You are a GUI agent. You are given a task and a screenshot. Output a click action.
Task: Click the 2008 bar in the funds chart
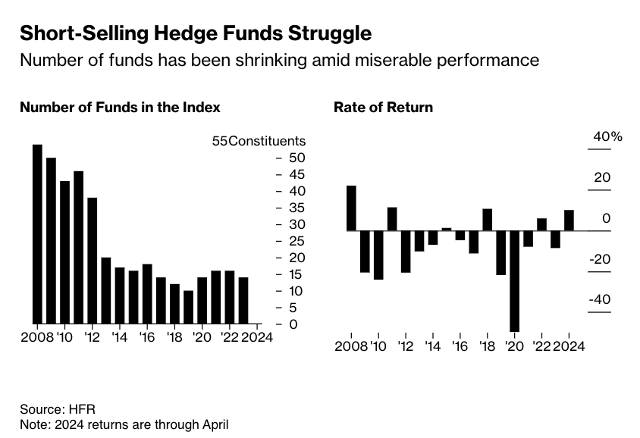[37, 233]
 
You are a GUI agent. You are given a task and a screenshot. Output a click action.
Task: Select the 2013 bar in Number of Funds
[105, 290]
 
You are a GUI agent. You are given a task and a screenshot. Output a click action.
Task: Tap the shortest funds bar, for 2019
[188, 307]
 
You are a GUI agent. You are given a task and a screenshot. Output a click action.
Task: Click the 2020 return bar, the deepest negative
[515, 281]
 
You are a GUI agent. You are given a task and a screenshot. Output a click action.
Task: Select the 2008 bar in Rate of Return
[351, 208]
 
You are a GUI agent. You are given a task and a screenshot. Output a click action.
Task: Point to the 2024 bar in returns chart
[569, 221]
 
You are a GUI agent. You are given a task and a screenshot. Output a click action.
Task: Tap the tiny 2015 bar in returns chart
[447, 229]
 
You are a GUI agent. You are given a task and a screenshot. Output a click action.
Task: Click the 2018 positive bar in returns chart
[488, 220]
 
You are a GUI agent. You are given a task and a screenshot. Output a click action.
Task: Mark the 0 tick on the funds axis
[294, 324]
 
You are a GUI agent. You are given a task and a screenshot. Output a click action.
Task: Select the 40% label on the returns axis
[607, 137]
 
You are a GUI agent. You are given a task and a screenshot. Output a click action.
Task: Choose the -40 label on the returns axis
[598, 300]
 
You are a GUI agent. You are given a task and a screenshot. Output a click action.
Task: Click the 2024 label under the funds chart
[256, 337]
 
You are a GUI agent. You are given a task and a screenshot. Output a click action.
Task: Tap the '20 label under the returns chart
[515, 346]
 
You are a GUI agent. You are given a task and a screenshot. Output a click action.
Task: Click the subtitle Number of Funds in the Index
[120, 108]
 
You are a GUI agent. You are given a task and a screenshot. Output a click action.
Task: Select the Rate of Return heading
[383, 108]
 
